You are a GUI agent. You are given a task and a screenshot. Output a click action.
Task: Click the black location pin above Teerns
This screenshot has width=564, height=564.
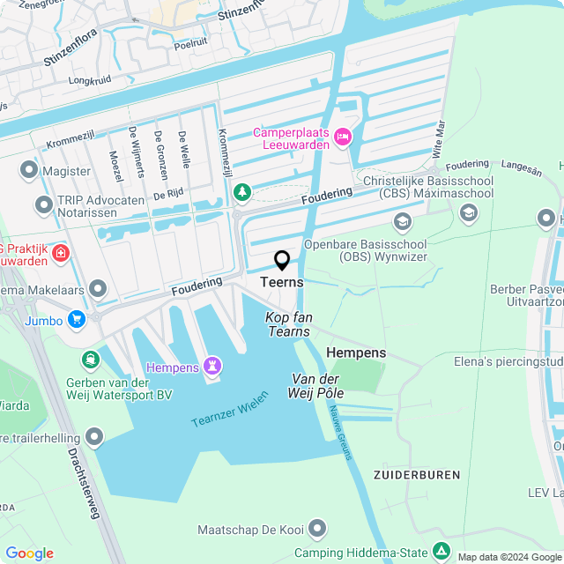(x=282, y=261)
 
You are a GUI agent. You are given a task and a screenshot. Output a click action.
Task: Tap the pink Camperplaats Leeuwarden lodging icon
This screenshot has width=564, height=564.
(x=343, y=137)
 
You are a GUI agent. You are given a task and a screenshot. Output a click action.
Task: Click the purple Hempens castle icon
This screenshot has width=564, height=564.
(x=211, y=365)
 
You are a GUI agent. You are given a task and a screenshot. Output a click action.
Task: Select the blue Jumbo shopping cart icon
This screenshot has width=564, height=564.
(x=78, y=320)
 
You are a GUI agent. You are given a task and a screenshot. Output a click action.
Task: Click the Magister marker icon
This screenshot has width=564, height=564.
(x=30, y=170)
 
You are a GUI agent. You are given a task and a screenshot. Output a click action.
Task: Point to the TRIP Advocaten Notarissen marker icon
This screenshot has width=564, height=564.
(x=43, y=206)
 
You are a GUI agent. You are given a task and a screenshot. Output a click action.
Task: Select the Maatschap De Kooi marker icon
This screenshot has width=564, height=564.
(x=317, y=529)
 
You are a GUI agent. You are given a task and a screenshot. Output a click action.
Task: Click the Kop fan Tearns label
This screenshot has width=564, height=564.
(x=288, y=323)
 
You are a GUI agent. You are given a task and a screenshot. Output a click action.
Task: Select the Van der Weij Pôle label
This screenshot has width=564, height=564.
(x=316, y=384)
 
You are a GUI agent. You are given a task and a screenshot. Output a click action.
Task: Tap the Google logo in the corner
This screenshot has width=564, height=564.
(x=29, y=553)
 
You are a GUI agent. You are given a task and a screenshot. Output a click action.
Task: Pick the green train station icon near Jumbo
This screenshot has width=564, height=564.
(x=90, y=360)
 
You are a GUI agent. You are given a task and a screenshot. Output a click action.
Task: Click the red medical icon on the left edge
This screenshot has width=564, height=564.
(x=61, y=254)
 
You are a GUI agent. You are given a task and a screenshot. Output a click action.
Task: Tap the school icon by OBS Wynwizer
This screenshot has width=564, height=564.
(x=403, y=220)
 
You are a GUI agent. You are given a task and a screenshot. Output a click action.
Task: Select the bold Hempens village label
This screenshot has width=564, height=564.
(x=356, y=352)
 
